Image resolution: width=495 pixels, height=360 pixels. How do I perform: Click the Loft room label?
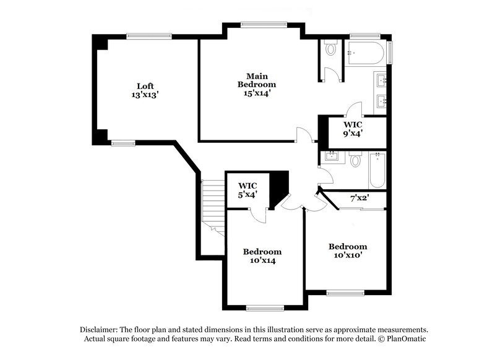(145, 90)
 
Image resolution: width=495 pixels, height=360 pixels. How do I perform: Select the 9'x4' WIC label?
(353, 127)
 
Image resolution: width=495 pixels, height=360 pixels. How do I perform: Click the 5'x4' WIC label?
(247, 190)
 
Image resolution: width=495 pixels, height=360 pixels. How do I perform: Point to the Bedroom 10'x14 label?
(262, 256)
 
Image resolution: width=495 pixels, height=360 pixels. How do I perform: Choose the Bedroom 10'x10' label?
(347, 250)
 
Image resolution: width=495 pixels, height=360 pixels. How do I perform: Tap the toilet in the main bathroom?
(330, 49)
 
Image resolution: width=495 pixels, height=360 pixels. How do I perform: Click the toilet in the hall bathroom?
(355, 161)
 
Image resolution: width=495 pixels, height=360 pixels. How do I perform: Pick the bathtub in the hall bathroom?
(376, 171)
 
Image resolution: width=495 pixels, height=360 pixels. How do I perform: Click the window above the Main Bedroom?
(255, 25)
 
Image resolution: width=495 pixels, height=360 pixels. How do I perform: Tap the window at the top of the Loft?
(148, 35)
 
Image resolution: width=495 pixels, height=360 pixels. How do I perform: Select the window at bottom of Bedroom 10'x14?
(265, 307)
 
